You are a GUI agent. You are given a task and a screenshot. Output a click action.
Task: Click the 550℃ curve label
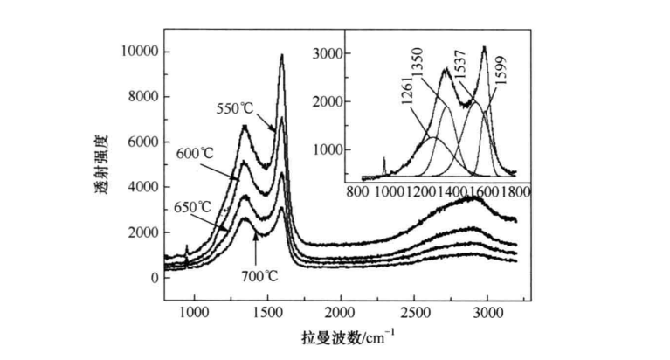[x=235, y=109]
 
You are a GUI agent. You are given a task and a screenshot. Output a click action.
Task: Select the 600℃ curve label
[x=196, y=153]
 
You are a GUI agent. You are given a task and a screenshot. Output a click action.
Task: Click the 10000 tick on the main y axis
[x=138, y=52]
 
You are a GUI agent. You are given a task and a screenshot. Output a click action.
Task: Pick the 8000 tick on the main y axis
[x=142, y=97]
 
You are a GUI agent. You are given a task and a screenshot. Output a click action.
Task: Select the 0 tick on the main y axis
[x=154, y=278]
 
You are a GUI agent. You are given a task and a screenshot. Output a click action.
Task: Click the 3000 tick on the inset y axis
[x=328, y=53]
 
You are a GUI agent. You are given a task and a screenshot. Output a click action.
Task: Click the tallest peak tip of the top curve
[x=281, y=55]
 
